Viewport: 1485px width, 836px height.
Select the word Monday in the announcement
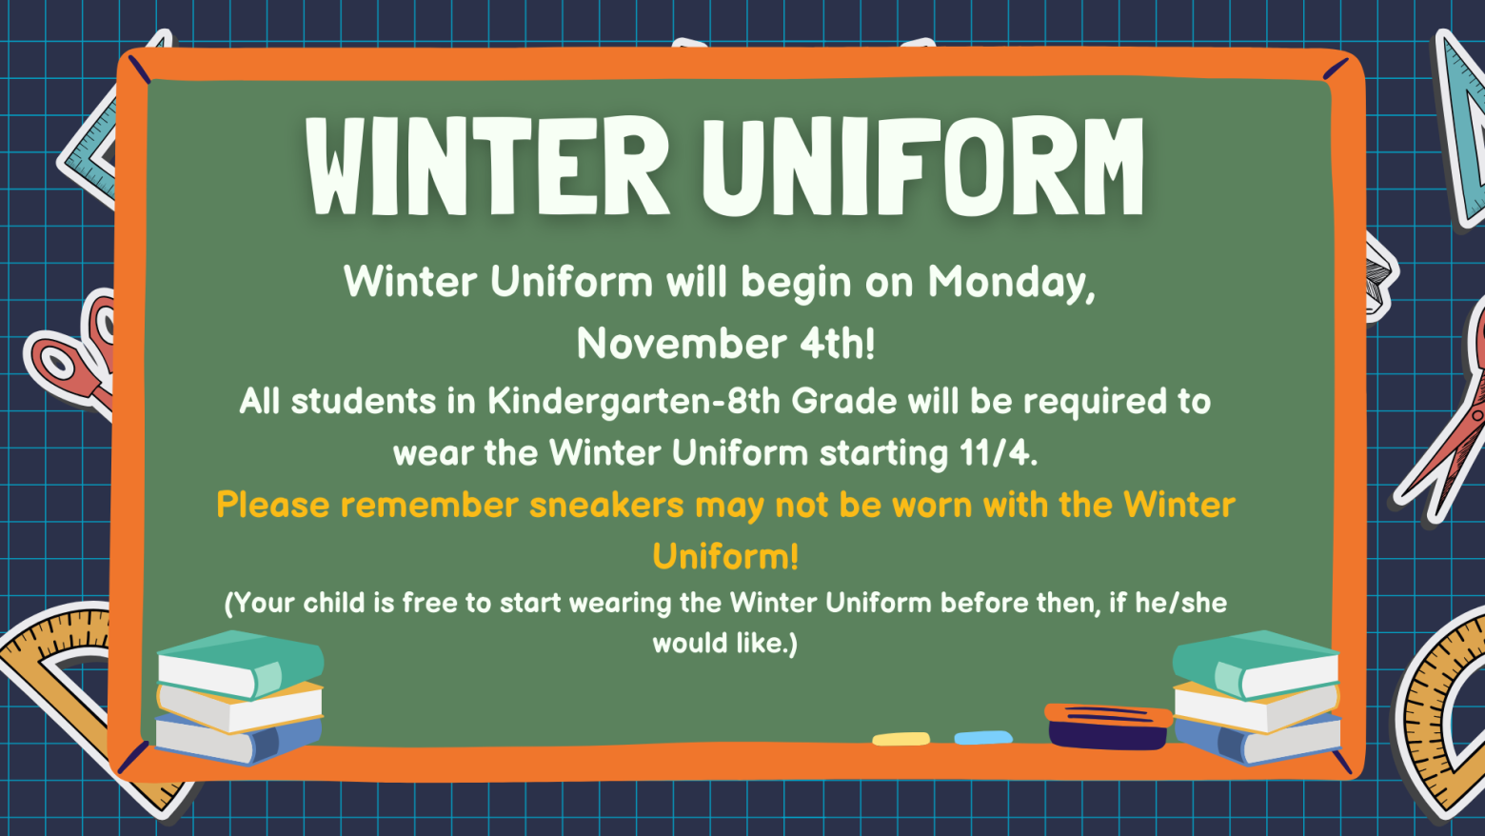[1011, 283]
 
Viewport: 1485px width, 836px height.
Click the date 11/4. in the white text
[998, 453]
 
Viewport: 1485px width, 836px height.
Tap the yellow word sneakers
[606, 505]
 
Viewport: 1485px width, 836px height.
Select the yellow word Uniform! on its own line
[725, 555]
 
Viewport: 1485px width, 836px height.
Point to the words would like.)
[724, 643]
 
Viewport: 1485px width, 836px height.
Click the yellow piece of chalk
[901, 739]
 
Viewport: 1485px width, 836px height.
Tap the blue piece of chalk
[983, 737]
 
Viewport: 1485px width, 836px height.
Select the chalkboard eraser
[1108, 727]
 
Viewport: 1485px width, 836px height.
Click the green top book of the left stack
[240, 664]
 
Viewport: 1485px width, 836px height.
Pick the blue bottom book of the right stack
[1257, 739]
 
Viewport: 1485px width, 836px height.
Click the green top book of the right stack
[1256, 664]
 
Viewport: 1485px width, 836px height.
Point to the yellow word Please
[273, 505]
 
